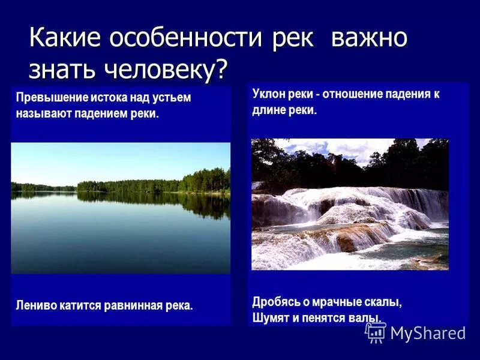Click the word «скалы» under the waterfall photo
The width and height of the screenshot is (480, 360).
(x=385, y=302)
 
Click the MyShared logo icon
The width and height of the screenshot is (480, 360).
(x=376, y=332)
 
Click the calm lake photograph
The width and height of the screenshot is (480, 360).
(x=121, y=208)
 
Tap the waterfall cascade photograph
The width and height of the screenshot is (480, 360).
(x=350, y=204)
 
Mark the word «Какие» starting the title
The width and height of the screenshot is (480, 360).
(x=66, y=38)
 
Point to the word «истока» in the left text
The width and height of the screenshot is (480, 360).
(x=106, y=98)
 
